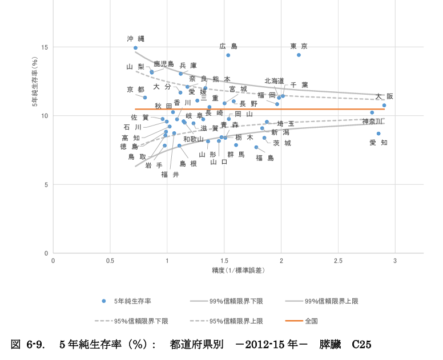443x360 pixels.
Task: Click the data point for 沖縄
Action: (x=135, y=48)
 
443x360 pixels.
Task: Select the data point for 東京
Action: (x=299, y=55)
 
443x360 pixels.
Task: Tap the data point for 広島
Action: (x=228, y=55)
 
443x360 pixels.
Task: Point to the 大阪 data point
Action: (x=384, y=106)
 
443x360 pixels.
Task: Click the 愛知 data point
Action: (x=378, y=134)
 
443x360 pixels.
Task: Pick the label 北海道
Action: (x=275, y=81)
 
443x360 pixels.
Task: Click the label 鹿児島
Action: (x=164, y=64)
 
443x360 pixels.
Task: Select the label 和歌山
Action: (x=194, y=139)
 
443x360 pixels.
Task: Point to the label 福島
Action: (x=265, y=158)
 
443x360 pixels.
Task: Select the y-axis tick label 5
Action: (x=45, y=184)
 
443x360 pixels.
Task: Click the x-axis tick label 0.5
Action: (x=110, y=261)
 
